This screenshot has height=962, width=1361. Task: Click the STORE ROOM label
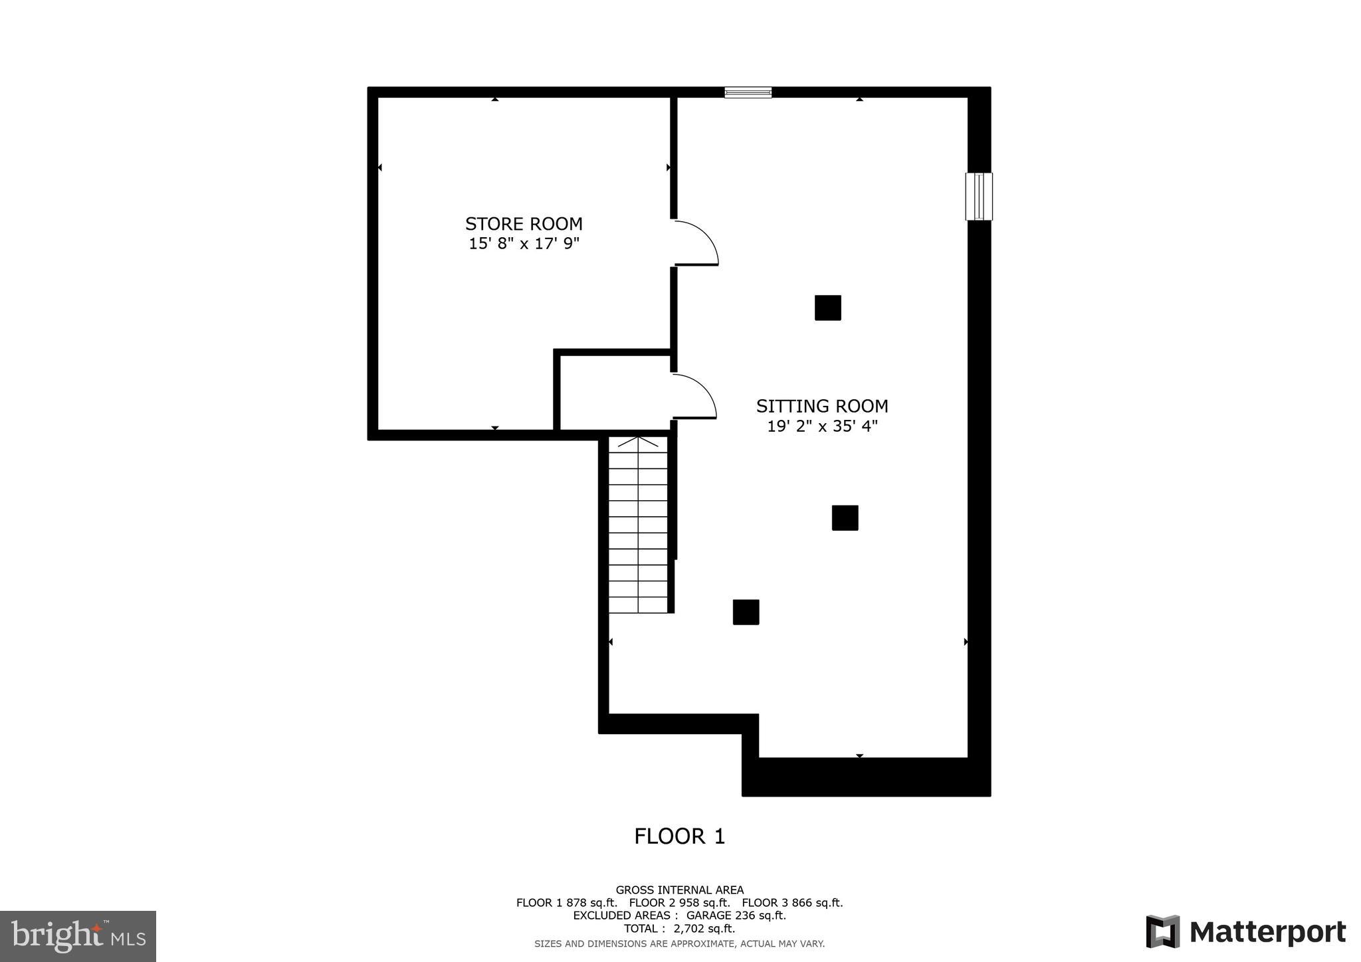524,224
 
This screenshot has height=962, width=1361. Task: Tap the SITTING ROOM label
822,406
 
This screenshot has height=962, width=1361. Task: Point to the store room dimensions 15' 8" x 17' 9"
524,244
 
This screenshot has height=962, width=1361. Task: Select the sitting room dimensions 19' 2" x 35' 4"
822,426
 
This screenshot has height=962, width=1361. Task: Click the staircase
638,525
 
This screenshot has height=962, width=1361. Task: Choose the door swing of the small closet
694,397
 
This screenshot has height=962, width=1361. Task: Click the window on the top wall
748,92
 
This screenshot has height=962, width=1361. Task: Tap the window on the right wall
978,196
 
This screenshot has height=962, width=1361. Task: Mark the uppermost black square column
828,308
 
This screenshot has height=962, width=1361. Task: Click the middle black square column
845,518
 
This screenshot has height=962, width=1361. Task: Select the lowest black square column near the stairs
746,612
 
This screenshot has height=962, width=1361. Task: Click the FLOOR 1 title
679,836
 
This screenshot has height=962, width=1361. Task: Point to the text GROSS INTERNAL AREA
679,890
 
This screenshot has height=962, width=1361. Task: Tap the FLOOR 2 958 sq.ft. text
679,903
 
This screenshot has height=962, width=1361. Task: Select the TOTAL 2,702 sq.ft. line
679,929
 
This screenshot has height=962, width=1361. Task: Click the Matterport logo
1245,931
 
